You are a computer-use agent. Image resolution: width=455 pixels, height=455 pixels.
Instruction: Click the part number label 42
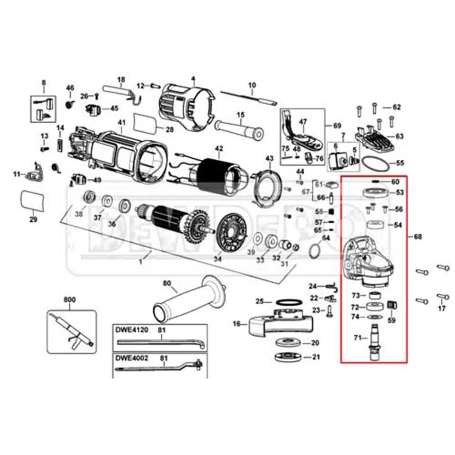coord(218,148)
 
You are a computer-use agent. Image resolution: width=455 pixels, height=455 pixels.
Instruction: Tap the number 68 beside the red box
coord(417,236)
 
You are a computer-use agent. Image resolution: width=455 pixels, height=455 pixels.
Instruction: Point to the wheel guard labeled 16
coord(277,322)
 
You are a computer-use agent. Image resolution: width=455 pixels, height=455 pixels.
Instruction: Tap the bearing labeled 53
coord(374,193)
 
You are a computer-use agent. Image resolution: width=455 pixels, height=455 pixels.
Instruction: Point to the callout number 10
coord(252,85)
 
